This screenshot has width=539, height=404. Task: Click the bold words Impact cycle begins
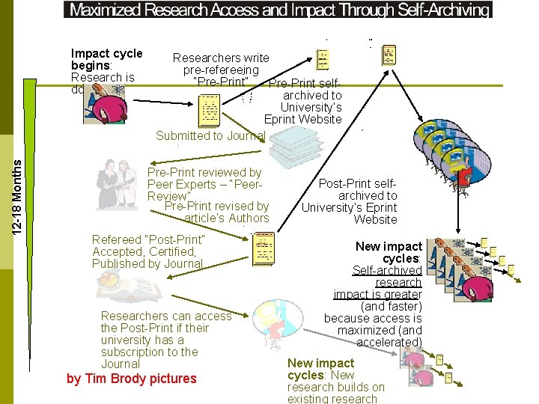[x=106, y=59]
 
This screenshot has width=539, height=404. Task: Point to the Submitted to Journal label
[x=210, y=135]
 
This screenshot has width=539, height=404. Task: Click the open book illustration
[x=124, y=287]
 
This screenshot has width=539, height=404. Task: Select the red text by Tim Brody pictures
[x=131, y=379]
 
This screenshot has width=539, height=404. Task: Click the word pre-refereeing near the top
[x=221, y=70]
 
